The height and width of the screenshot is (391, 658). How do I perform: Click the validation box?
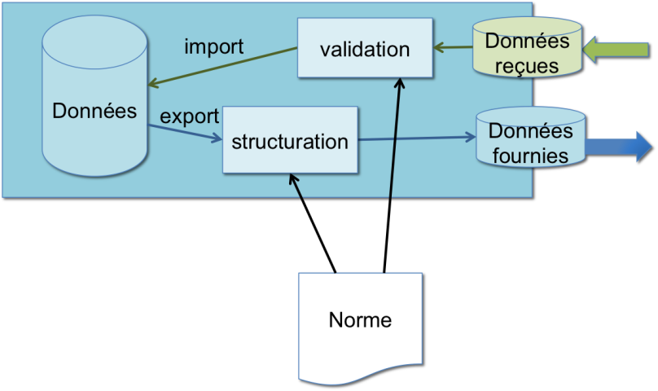pyautogui.click(x=364, y=49)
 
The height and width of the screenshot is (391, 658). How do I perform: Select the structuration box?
pyautogui.click(x=289, y=140)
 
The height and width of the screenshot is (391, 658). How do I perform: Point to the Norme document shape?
pyautogui.click(x=360, y=326)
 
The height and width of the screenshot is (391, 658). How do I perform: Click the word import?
pyautogui.click(x=213, y=46)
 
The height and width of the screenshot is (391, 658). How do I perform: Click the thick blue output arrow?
pyautogui.click(x=619, y=146)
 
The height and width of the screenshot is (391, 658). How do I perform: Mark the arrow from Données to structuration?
pyautogui.click(x=185, y=132)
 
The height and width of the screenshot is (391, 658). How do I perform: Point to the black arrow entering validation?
pyautogui.click(x=396, y=138)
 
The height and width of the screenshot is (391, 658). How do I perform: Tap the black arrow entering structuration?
pyautogui.click(x=295, y=186)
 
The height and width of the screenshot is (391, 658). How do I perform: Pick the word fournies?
pyautogui.click(x=530, y=155)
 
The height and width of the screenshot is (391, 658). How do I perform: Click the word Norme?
pyautogui.click(x=360, y=320)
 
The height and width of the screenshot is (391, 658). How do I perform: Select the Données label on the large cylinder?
pyautogui.click(x=94, y=110)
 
